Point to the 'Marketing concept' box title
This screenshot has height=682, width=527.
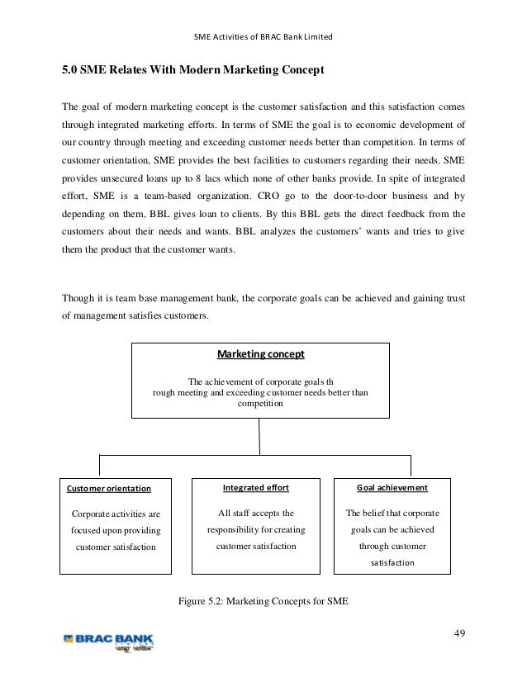260,354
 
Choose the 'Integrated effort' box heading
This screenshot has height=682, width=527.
256,487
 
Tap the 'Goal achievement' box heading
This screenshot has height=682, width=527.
392,487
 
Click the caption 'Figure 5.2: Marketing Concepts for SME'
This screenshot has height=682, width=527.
263,599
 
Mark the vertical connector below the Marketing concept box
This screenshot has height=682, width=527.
260,436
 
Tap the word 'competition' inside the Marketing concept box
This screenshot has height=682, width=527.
260,404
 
